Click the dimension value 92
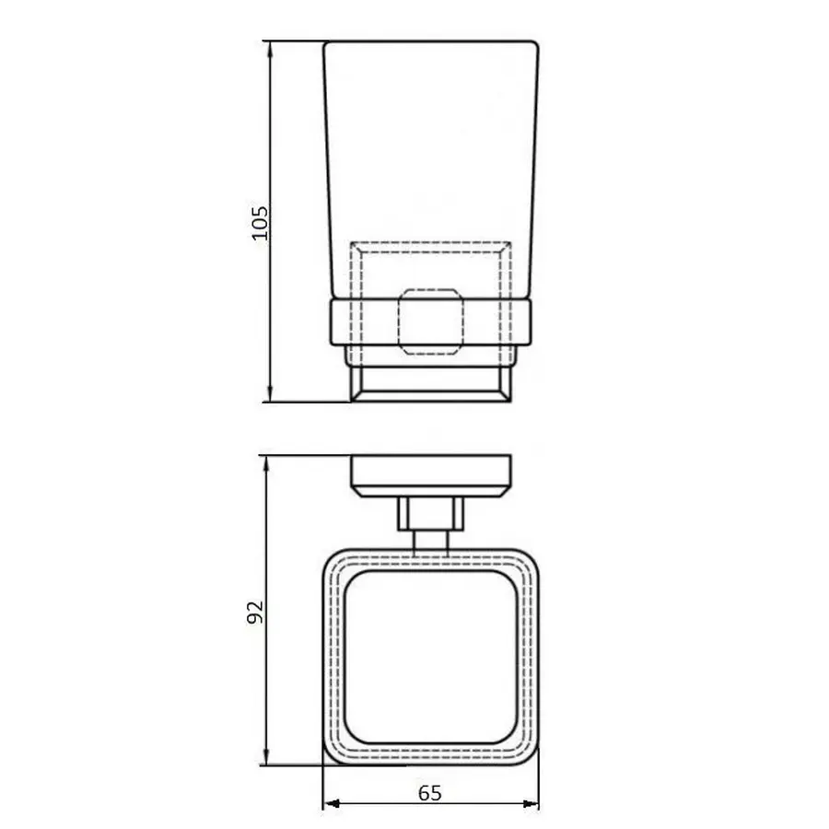point(257,611)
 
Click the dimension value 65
point(430,792)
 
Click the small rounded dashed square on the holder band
point(430,322)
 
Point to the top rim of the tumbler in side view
point(430,42)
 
